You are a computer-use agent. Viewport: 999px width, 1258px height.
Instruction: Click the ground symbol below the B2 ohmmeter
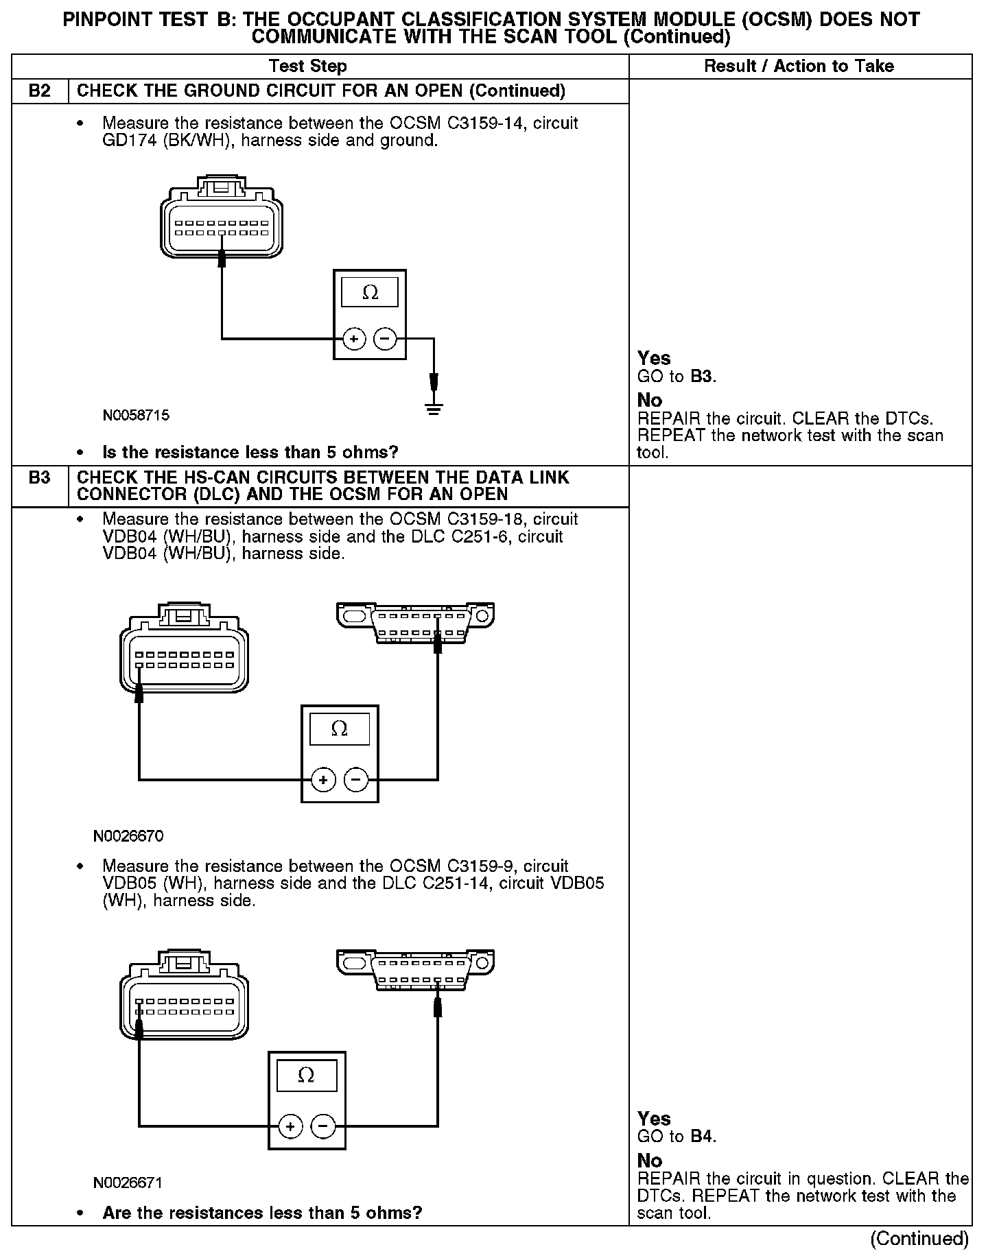[x=434, y=410]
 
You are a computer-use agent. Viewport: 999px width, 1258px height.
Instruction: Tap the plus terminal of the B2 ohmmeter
[x=353, y=339]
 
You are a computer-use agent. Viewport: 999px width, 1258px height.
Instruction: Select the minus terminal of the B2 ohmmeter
[x=385, y=339]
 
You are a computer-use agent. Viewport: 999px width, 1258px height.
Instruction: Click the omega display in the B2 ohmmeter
[x=370, y=293]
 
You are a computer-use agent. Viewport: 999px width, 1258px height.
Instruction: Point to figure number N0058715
[x=136, y=416]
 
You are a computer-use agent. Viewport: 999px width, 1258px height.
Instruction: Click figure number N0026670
[x=128, y=836]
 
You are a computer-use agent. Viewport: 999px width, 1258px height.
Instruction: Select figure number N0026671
[x=128, y=1183]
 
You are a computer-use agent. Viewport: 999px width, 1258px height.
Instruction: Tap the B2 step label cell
[x=40, y=91]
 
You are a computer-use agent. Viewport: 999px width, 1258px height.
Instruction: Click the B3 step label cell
[x=40, y=478]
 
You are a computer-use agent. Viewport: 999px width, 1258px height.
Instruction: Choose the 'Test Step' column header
[x=308, y=67]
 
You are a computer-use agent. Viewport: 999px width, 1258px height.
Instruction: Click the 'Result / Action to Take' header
[x=799, y=67]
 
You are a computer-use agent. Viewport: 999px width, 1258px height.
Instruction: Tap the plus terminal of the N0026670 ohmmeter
[x=323, y=780]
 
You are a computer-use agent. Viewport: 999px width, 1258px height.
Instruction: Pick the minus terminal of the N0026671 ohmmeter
[x=323, y=1126]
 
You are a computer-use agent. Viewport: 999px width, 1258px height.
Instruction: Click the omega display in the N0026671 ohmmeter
[x=306, y=1076]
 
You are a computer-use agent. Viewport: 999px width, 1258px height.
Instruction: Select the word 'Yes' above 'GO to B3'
[x=653, y=358]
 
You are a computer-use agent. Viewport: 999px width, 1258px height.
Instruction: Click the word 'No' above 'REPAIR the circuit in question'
[x=649, y=1161]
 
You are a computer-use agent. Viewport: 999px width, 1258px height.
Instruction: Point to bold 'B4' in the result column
[x=701, y=1137]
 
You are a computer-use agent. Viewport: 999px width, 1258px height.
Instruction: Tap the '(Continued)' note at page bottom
[x=919, y=1239]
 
